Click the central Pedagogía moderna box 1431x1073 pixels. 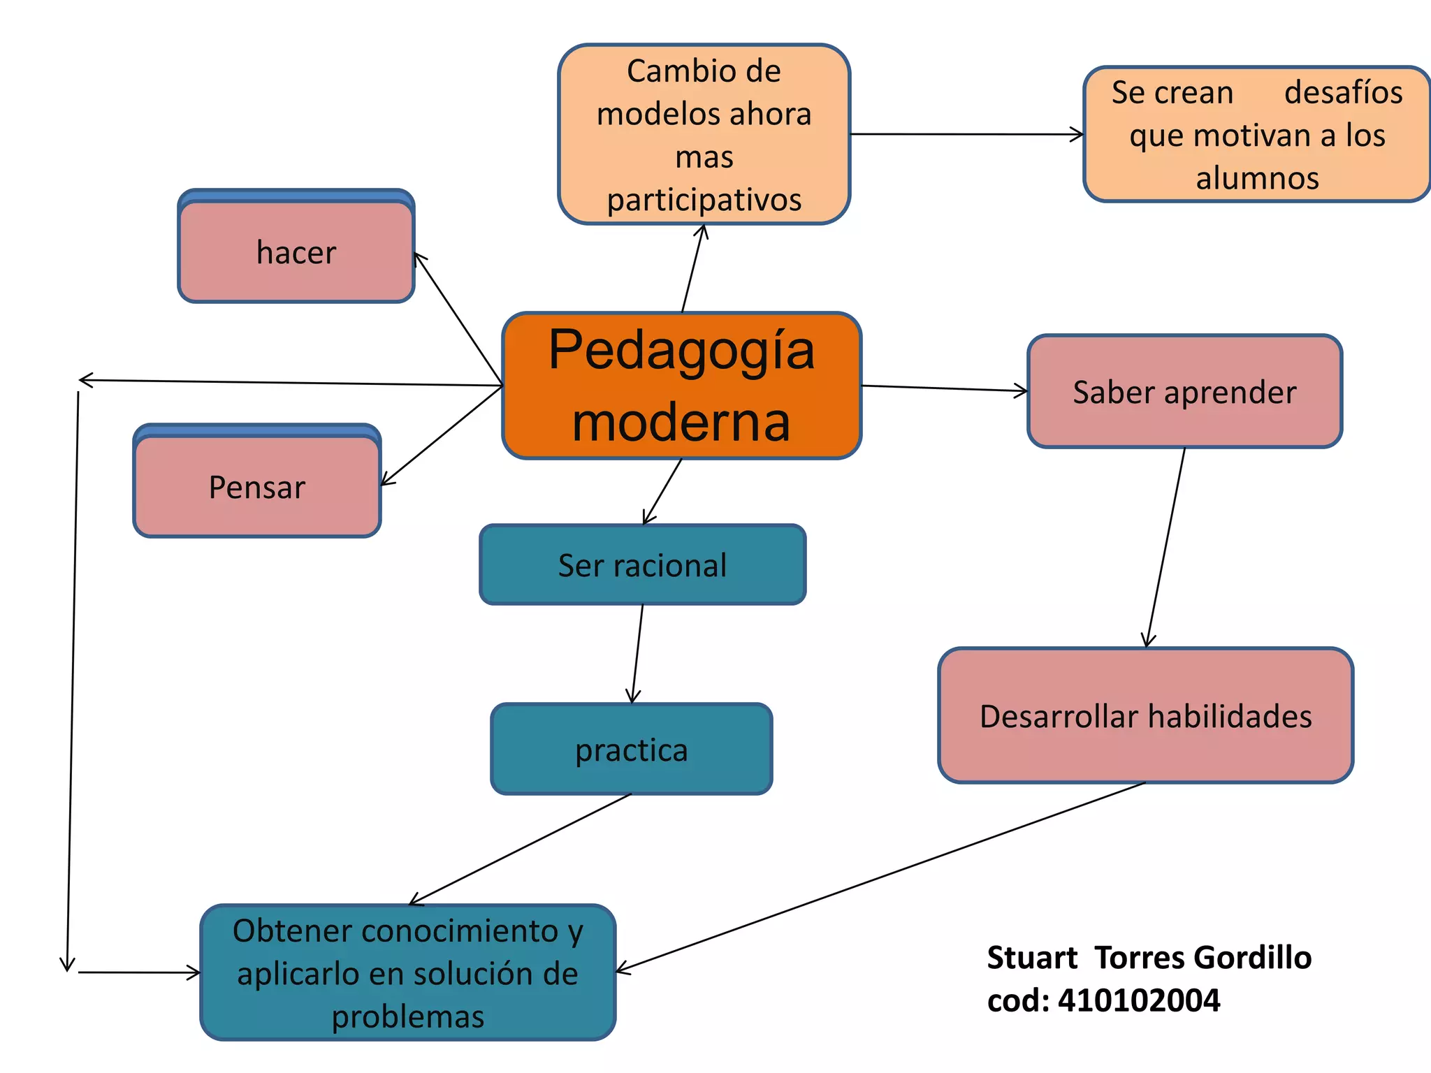click(x=681, y=386)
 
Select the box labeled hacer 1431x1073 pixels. click(x=296, y=252)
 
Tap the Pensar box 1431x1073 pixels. click(x=257, y=487)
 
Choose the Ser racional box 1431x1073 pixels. click(x=642, y=565)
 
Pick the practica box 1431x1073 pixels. click(x=632, y=750)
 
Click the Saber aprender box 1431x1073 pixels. click(x=1184, y=392)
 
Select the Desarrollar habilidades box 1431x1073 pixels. click(x=1146, y=716)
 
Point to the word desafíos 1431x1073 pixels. click(x=1343, y=92)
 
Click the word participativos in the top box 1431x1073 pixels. click(x=704, y=200)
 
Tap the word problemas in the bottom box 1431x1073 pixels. click(x=408, y=1016)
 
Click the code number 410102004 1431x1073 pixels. click(x=1139, y=1000)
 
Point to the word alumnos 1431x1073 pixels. click(x=1258, y=178)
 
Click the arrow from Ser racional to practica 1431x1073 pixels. click(x=637, y=653)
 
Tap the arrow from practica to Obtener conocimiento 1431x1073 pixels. click(x=521, y=849)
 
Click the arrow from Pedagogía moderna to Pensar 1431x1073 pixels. click(x=442, y=435)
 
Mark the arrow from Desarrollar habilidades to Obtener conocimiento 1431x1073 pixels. click(x=880, y=876)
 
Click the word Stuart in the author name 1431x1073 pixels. click(x=1032, y=958)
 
